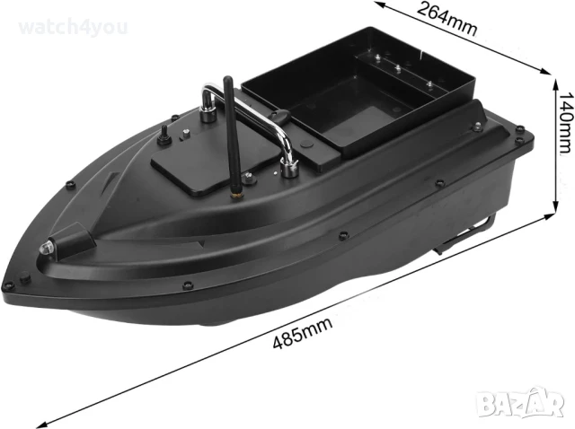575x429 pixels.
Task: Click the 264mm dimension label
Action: click(446, 17)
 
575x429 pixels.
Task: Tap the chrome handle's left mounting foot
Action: click(208, 112)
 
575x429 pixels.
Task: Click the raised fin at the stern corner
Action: click(474, 111)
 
